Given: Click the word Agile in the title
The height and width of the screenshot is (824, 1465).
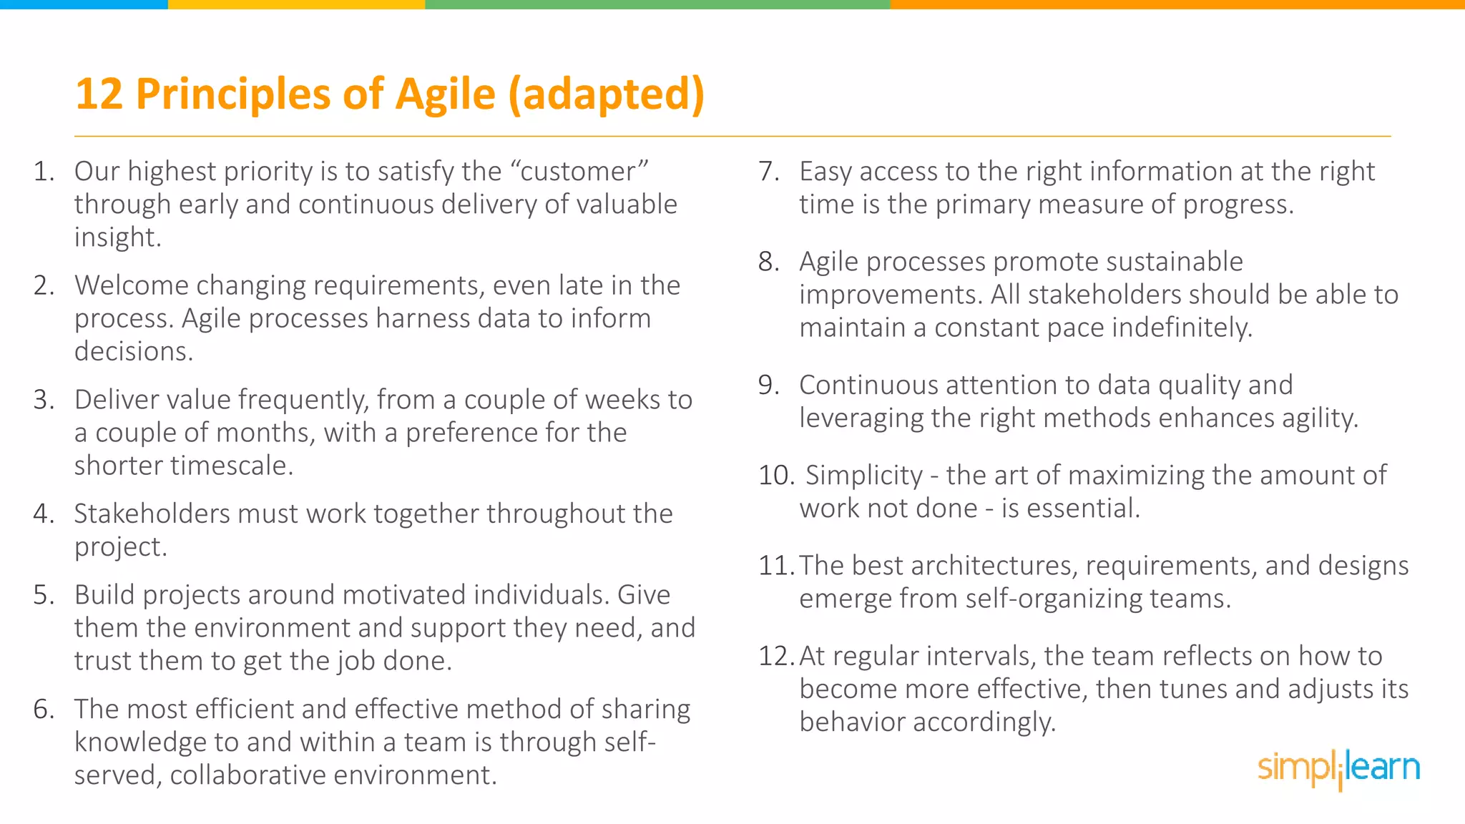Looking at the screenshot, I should (x=445, y=94).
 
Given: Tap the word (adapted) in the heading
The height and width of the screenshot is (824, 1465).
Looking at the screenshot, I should (x=607, y=94).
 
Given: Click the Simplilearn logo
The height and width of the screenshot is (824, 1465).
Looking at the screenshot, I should (x=1338, y=769).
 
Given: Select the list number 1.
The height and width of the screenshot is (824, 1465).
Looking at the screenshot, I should (x=44, y=172).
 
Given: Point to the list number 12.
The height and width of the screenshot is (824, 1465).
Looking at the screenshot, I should (x=775, y=656).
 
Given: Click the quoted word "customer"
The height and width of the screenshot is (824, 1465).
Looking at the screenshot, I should (x=579, y=172).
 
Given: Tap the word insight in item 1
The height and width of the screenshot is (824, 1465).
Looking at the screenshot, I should (x=117, y=237).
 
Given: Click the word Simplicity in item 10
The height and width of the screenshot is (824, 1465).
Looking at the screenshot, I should (x=864, y=476).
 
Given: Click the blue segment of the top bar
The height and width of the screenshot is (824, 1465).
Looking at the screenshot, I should (x=84, y=4).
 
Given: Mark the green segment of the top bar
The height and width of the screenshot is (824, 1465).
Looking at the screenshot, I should (x=657, y=4).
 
